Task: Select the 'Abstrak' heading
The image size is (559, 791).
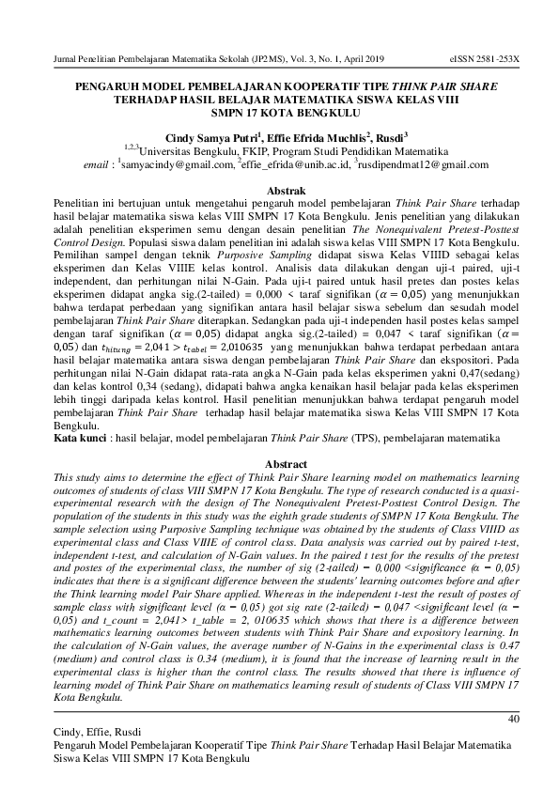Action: click(x=280, y=190)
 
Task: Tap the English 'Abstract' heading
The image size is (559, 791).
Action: click(x=280, y=465)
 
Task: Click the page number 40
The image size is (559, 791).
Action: click(x=512, y=720)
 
